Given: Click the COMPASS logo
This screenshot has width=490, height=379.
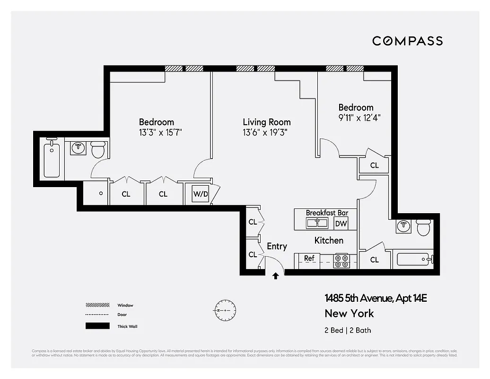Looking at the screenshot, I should (x=407, y=41).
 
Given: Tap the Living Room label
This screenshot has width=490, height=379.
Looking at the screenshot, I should (x=267, y=122).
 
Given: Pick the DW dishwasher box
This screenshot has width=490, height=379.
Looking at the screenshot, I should (x=341, y=224).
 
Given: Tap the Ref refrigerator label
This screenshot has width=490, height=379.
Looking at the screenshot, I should (x=309, y=258).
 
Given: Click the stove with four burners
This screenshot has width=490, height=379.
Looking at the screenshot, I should (x=341, y=261).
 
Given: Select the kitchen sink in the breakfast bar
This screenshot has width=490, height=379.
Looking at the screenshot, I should (x=317, y=223).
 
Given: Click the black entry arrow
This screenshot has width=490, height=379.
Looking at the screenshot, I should (x=275, y=276).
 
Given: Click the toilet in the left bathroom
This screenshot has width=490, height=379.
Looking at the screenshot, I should (x=98, y=149).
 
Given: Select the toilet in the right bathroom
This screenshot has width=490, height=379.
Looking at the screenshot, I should (x=423, y=227).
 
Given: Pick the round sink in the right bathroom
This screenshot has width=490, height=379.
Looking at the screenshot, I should (x=403, y=226).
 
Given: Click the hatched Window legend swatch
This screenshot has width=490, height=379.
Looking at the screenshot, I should (x=95, y=305).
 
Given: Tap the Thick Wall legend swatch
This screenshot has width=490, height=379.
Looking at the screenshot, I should (x=95, y=326).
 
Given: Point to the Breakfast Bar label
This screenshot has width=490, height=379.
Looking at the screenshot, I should (x=327, y=213).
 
